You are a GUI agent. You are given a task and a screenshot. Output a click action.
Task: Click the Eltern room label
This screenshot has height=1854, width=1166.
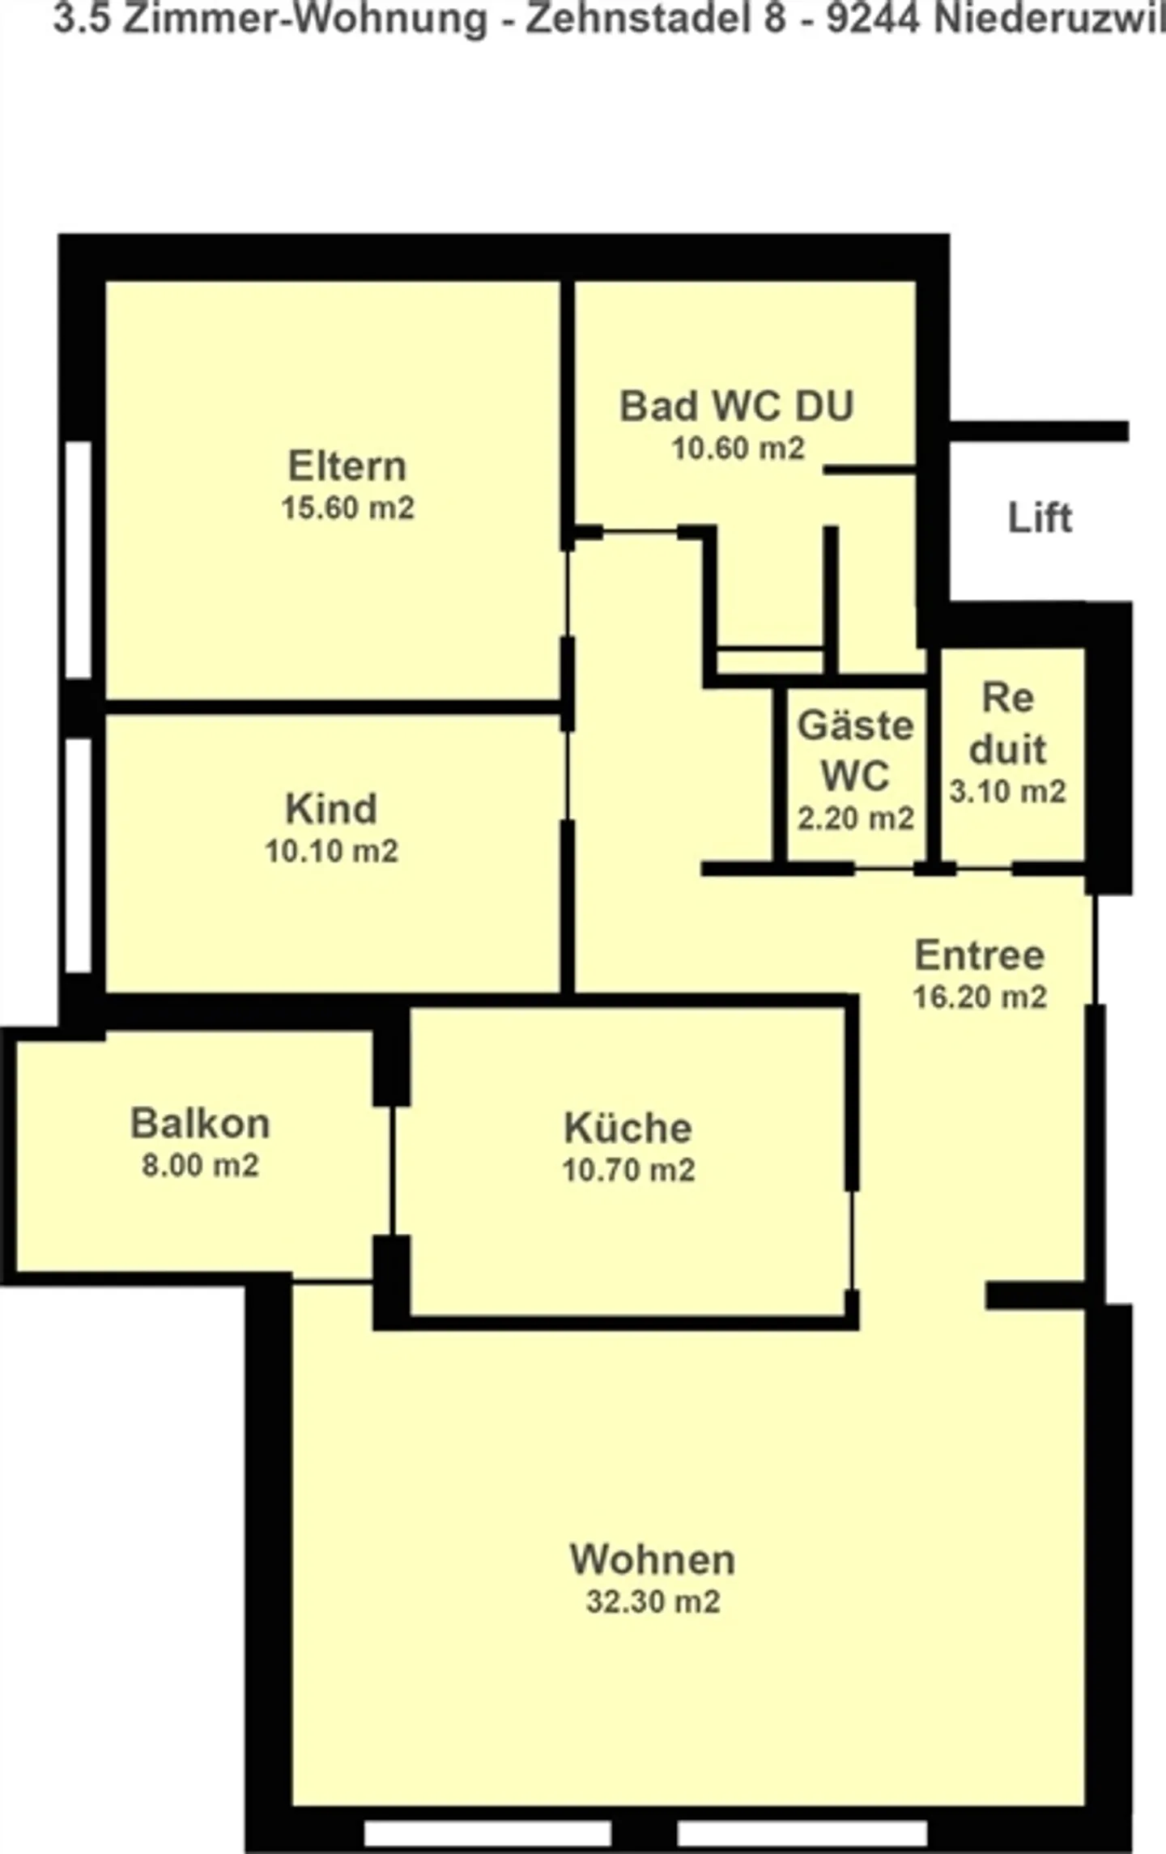click(347, 466)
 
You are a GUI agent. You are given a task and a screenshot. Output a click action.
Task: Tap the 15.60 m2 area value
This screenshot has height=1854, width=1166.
click(347, 508)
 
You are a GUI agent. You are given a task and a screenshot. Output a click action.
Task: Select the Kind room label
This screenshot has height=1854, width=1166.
click(331, 809)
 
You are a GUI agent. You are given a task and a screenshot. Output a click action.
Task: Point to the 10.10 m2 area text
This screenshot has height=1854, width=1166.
click(331, 851)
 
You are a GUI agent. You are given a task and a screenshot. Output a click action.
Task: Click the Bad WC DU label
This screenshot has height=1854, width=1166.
click(736, 406)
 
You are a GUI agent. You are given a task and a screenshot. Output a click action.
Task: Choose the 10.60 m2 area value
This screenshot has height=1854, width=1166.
click(738, 448)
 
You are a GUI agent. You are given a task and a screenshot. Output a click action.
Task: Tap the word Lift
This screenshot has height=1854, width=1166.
click(1040, 517)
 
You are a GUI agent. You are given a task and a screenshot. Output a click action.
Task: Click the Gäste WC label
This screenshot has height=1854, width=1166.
click(855, 750)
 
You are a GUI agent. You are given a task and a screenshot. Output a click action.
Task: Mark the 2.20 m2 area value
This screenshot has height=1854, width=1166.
click(855, 819)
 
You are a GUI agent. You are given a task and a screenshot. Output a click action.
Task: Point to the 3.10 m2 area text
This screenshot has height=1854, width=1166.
click(1007, 791)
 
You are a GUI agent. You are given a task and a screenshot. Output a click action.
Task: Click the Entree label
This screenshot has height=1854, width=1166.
click(979, 955)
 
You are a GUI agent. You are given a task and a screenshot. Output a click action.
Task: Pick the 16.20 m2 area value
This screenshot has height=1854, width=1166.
click(980, 997)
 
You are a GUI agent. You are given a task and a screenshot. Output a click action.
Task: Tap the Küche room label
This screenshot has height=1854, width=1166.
click(628, 1128)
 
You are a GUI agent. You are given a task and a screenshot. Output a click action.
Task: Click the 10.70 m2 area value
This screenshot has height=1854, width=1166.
click(628, 1170)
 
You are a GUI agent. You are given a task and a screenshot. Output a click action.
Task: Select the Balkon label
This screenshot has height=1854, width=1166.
click(200, 1124)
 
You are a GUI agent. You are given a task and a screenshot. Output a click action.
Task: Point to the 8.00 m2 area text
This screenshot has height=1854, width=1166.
click(200, 1166)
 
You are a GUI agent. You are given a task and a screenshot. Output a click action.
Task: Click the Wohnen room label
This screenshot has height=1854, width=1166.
click(653, 1559)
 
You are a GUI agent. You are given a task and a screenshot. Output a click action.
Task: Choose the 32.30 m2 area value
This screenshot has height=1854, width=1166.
click(653, 1601)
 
